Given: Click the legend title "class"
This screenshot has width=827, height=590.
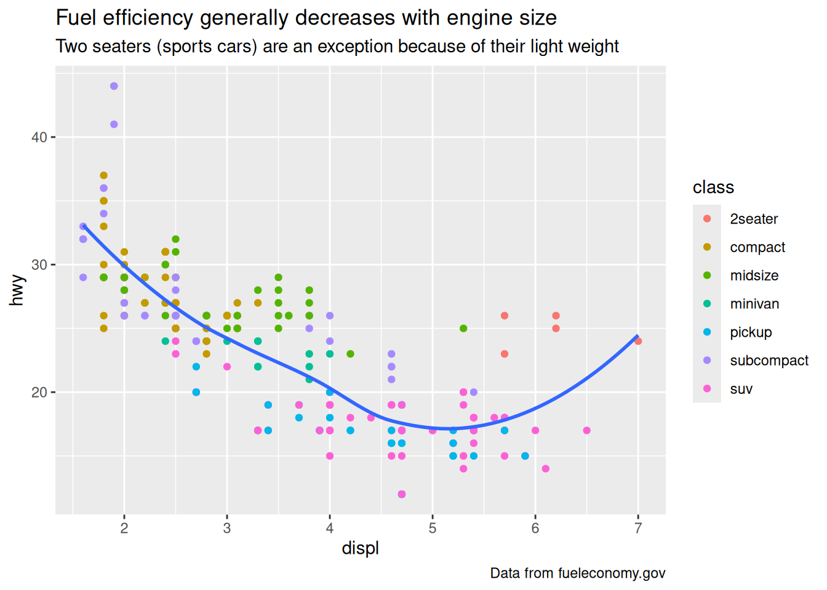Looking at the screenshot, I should click(713, 187).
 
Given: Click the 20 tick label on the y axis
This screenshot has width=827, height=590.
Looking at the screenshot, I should click(39, 392).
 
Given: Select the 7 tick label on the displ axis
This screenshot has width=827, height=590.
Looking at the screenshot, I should click(638, 528).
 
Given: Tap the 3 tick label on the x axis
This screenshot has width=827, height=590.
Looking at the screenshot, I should click(227, 528).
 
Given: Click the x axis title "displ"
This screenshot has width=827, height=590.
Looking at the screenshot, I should click(360, 548).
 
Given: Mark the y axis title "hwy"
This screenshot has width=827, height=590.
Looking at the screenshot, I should click(17, 290).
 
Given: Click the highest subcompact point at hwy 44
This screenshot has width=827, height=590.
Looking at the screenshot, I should click(114, 86).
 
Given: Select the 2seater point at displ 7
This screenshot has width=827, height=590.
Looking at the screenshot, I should click(638, 341).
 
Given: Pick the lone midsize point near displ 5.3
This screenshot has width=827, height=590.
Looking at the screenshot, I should click(463, 328).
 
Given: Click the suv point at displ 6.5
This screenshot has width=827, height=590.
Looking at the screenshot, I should click(586, 430).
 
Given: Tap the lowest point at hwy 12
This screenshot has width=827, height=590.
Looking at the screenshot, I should click(402, 494).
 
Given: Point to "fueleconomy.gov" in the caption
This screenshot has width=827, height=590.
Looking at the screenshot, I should click(612, 573).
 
